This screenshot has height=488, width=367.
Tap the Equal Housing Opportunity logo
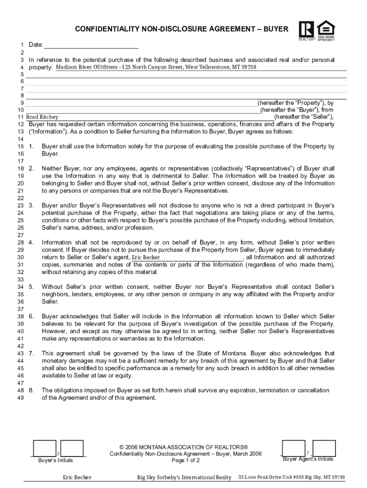(326, 30)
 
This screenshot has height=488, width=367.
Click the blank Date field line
(91, 45)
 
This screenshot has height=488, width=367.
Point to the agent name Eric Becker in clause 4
(146, 257)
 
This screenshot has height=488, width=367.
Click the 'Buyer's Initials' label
(56, 460)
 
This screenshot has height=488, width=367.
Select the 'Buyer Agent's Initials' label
(308, 459)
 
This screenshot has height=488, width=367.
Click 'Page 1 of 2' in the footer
(185, 461)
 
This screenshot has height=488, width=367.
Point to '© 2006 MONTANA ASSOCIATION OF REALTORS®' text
(184, 447)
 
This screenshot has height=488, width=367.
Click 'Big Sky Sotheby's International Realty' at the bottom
(184, 478)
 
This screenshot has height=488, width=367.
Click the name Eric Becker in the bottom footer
(77, 478)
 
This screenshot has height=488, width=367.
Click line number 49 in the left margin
(20, 397)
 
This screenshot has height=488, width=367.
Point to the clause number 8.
(31, 390)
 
